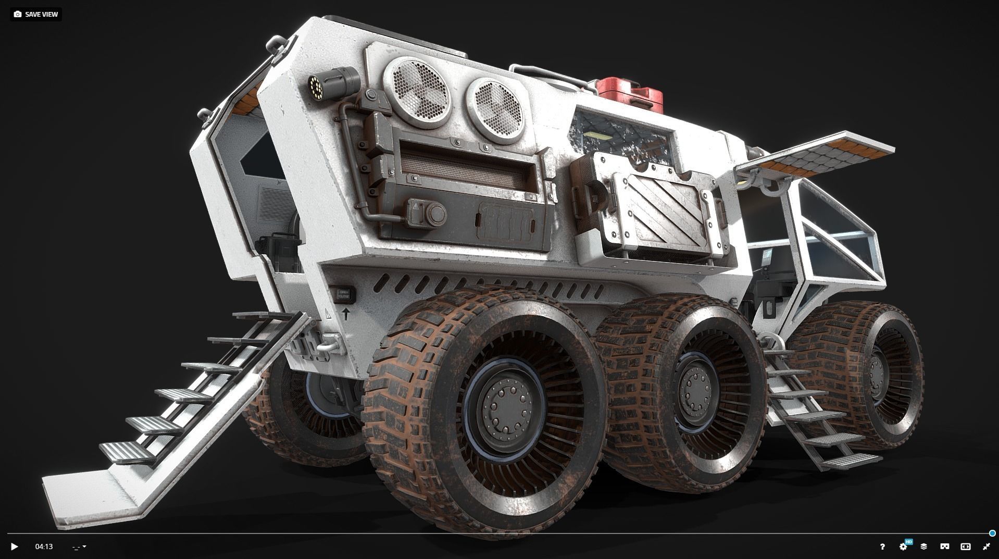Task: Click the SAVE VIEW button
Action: (x=36, y=14)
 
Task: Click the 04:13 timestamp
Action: (x=44, y=546)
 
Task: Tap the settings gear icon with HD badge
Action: (x=904, y=546)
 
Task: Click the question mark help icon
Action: (x=882, y=546)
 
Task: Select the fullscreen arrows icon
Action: (x=986, y=546)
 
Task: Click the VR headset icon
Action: (x=944, y=546)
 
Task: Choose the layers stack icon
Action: (x=923, y=546)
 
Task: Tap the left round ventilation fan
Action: (x=416, y=93)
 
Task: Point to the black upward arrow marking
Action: (x=346, y=314)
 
